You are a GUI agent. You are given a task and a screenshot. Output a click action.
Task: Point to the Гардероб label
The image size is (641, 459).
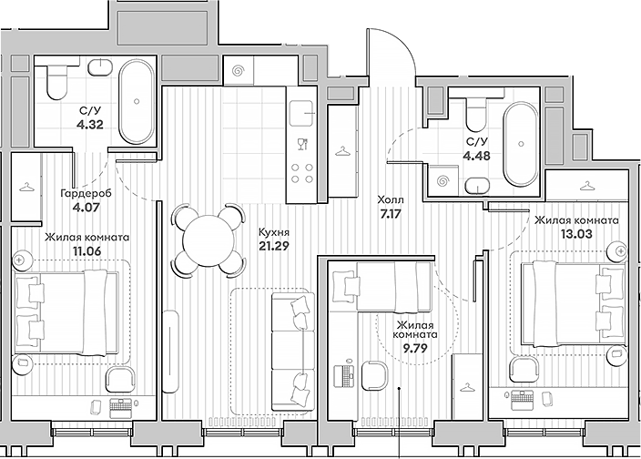pos(87,193)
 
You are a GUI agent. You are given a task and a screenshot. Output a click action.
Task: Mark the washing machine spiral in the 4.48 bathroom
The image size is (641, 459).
pos(445,179)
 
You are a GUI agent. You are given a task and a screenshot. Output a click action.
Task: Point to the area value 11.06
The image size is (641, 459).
pos(87,252)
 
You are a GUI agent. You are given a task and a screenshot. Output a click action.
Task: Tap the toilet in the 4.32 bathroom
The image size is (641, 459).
pos(56,85)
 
